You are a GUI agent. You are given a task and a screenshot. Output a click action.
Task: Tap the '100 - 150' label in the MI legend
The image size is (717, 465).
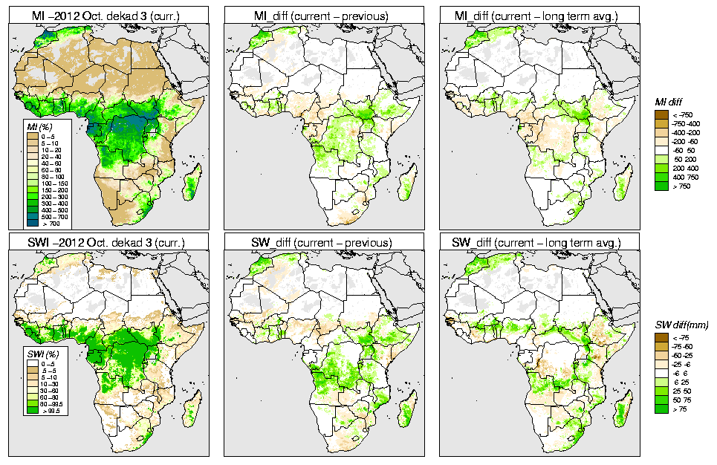[x=56, y=183]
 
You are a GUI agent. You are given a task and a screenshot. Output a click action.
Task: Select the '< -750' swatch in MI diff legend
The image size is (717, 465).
[x=661, y=115]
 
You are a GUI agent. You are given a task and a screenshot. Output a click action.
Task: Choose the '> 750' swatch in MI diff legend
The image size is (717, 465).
[x=661, y=187]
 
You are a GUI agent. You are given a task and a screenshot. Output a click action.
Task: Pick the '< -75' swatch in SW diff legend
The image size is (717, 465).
[x=661, y=338]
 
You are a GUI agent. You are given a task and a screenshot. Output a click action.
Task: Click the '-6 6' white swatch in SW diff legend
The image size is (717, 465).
[x=661, y=374]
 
